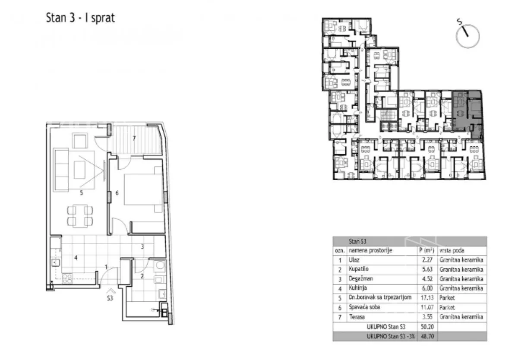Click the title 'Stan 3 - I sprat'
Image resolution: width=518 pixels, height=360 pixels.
[80, 18]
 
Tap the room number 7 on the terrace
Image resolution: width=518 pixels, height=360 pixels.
[134, 139]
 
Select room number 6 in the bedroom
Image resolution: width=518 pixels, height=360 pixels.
[117, 193]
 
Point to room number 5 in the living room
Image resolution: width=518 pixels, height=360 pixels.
[81, 193]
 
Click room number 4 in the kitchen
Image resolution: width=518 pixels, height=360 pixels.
[76, 258]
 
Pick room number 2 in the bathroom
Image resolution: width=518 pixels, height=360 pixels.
[142, 276]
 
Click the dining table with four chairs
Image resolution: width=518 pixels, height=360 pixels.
[80, 215]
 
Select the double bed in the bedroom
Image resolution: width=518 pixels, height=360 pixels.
[143, 189]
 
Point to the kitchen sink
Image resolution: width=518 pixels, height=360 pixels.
[56, 263]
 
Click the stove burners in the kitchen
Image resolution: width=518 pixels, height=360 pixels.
[67, 278]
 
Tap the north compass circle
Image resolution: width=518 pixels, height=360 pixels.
[468, 36]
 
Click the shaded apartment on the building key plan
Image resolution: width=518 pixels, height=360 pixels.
[467, 113]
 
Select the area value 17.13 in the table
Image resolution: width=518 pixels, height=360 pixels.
[427, 297]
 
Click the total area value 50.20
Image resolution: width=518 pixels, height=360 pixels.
[427, 327]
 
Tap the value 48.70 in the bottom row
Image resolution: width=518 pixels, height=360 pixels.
[427, 336]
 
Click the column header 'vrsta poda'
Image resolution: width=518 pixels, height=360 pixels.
[452, 250]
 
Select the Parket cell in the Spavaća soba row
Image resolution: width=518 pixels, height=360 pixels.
[447, 307]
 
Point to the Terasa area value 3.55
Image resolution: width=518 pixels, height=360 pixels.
[427, 317]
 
